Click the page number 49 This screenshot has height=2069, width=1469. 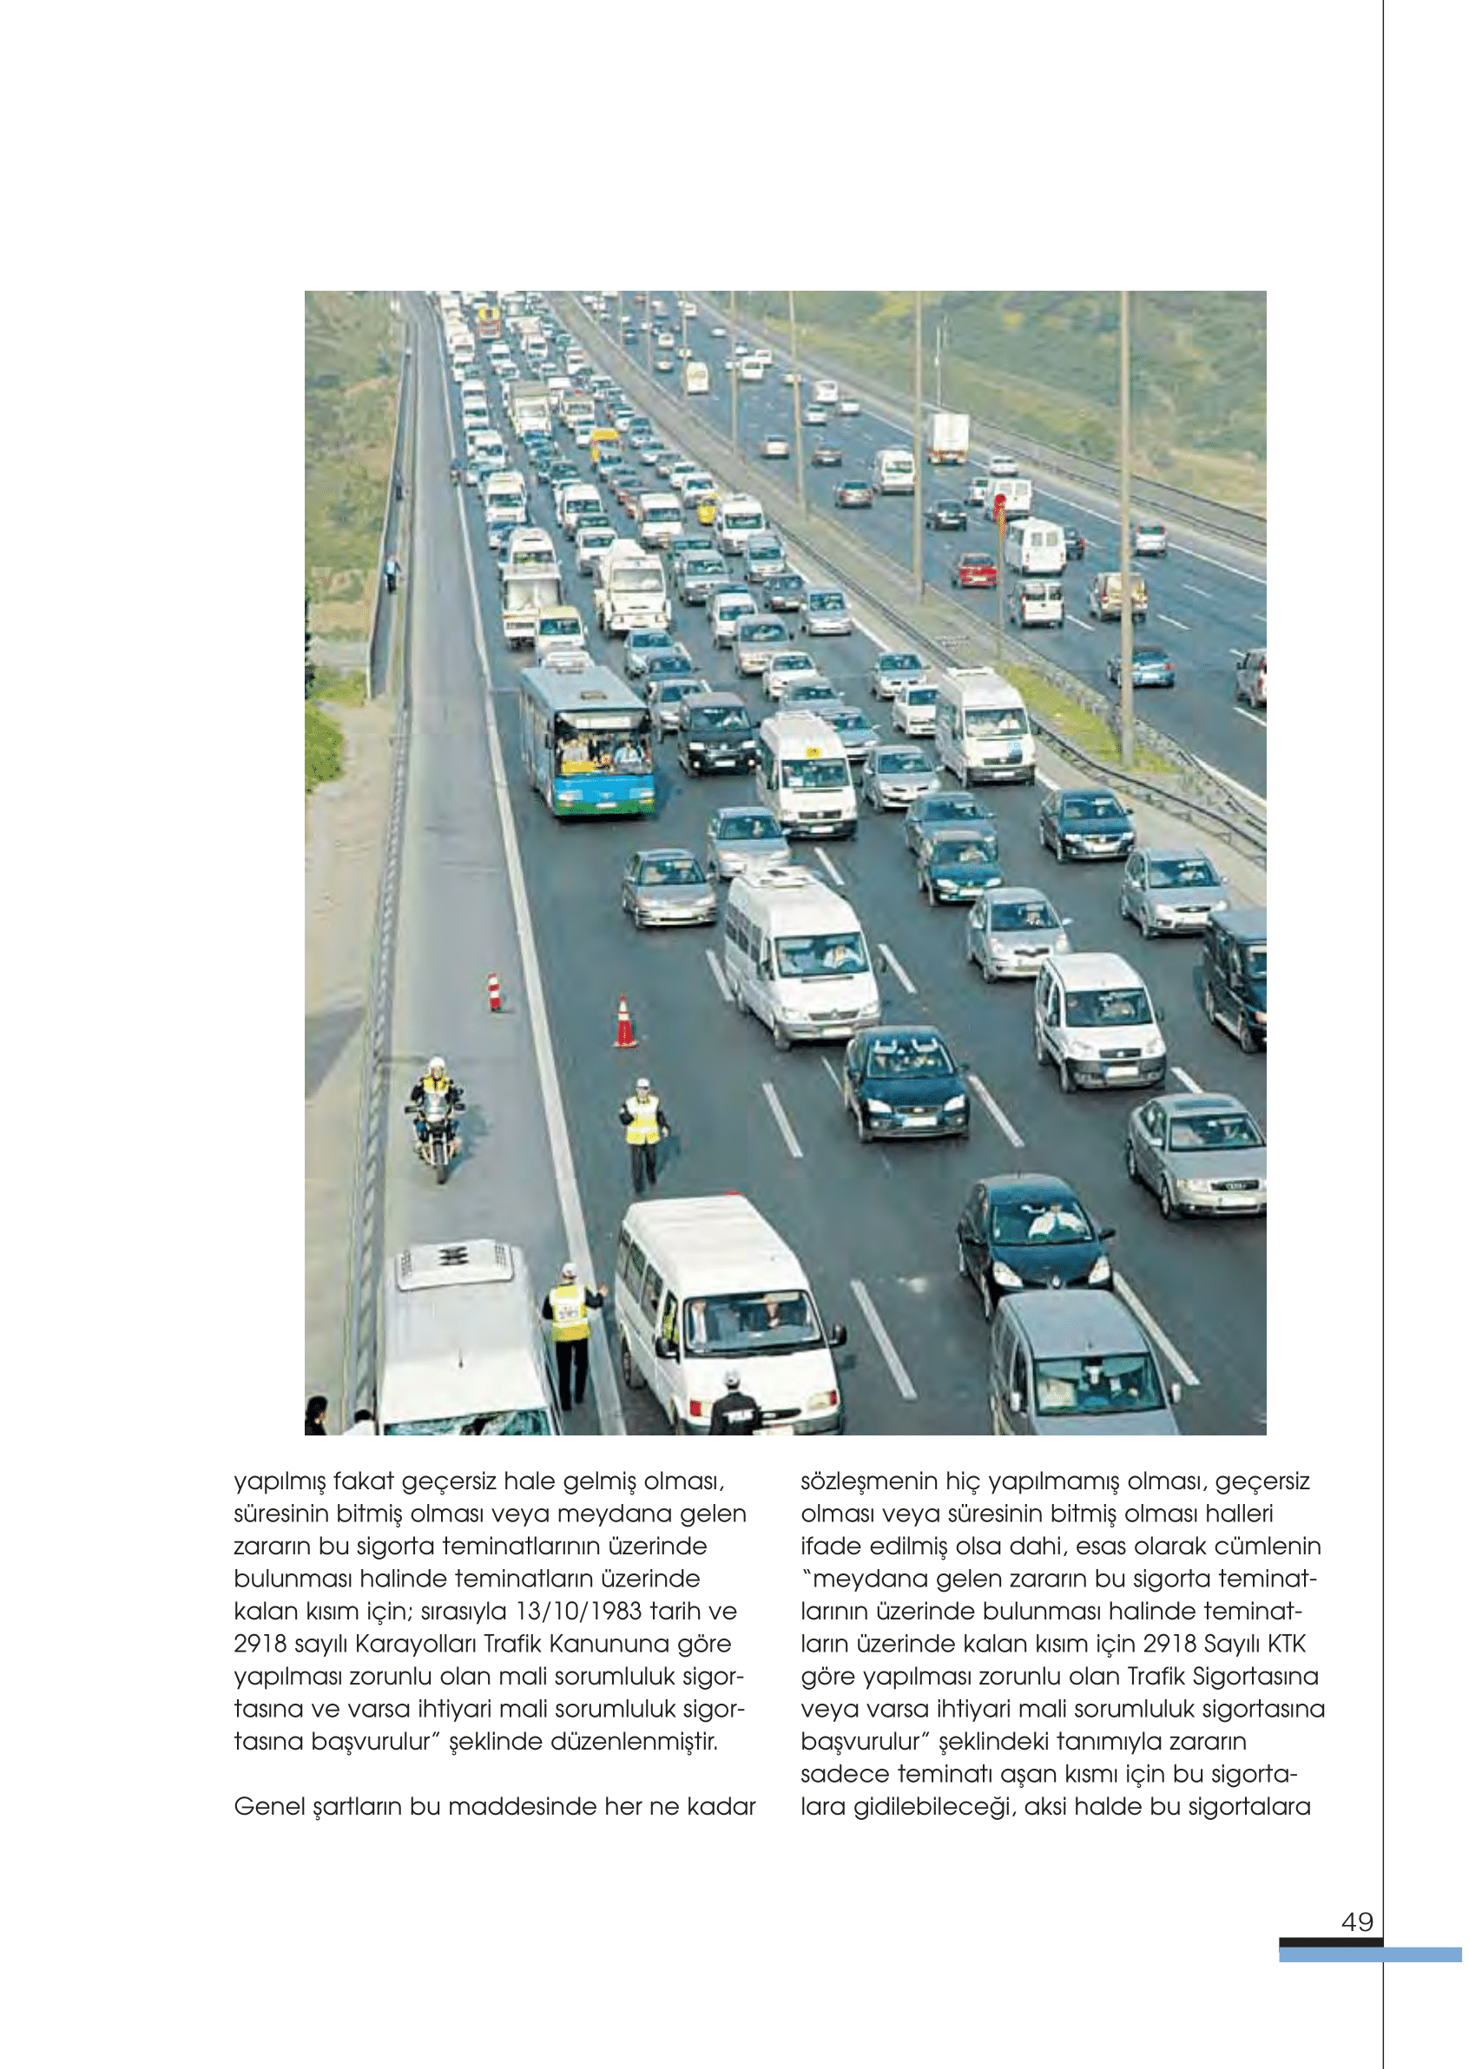click(1357, 1921)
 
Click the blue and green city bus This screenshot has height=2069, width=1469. click(588, 739)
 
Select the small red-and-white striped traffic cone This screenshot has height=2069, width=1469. click(494, 993)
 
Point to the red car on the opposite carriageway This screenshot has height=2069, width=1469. click(975, 569)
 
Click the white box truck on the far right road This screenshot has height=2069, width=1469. click(948, 437)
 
